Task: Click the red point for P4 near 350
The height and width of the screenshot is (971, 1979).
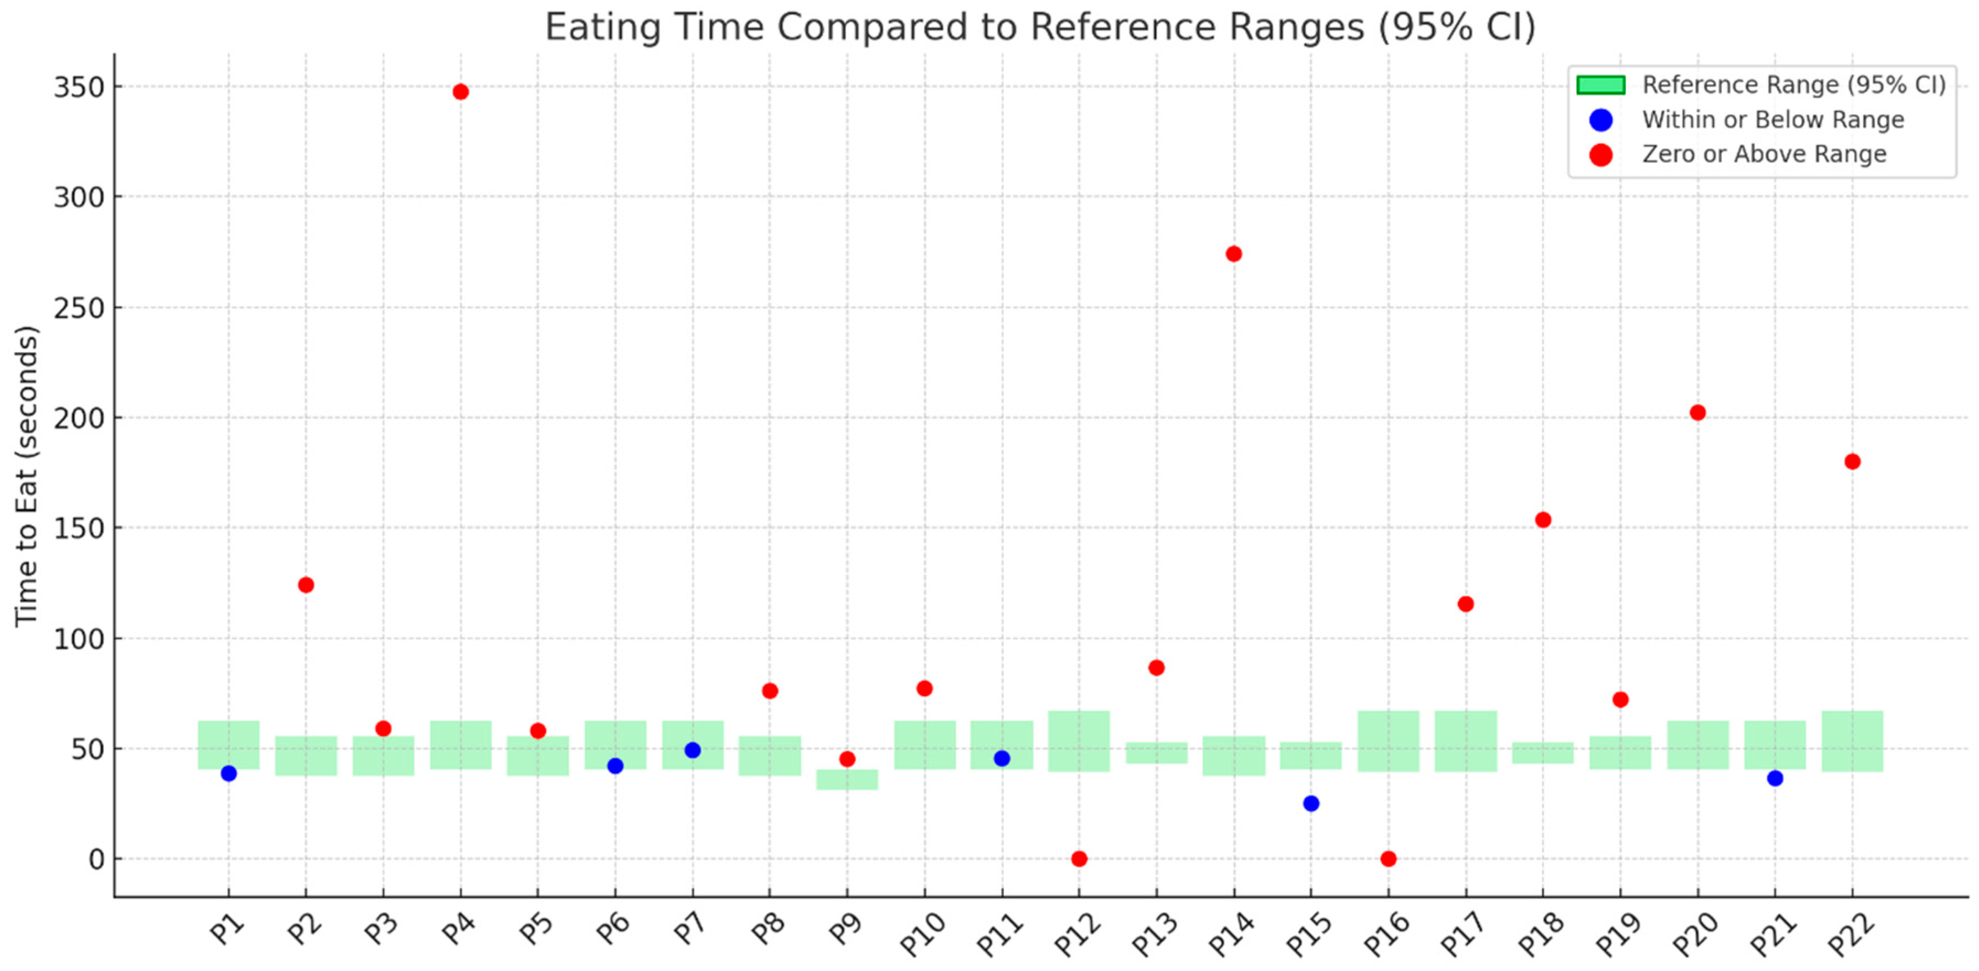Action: click(x=460, y=92)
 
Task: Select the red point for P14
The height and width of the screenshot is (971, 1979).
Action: click(x=1234, y=254)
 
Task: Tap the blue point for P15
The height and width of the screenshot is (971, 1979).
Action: click(x=1311, y=803)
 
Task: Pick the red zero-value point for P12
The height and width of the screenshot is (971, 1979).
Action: click(x=1079, y=859)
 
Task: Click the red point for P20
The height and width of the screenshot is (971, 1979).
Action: click(x=1698, y=413)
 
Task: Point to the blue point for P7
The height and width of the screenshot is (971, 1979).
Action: click(x=692, y=751)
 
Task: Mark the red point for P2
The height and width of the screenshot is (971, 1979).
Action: click(x=306, y=585)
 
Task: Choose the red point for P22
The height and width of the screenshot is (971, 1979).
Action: click(x=1852, y=462)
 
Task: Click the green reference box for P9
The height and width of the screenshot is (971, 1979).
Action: click(x=847, y=780)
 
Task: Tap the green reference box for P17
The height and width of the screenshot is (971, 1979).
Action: click(x=1466, y=741)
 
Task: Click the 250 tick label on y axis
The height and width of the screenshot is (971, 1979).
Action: click(x=78, y=308)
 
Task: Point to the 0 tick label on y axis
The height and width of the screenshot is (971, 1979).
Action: click(x=96, y=860)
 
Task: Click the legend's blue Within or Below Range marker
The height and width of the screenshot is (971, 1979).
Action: click(x=1601, y=120)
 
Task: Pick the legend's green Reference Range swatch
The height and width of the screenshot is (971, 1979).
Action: click(x=1601, y=84)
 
